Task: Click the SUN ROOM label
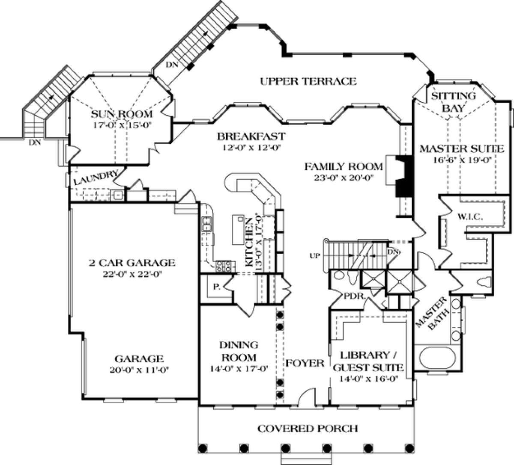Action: point(122,114)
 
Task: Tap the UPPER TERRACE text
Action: point(308,81)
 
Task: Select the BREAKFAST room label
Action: point(251,136)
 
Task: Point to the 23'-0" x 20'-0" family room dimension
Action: point(344,178)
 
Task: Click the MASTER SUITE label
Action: point(462,149)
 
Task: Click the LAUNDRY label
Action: point(96,177)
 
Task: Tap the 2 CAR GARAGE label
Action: point(132,263)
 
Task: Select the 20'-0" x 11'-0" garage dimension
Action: point(140,370)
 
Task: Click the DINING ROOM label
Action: point(239,351)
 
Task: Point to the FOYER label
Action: point(305,363)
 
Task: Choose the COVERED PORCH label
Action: point(308,428)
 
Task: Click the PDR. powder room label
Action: point(354,296)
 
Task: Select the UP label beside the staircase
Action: point(315,256)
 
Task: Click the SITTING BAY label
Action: point(453,102)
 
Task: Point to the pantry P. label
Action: point(216,287)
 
